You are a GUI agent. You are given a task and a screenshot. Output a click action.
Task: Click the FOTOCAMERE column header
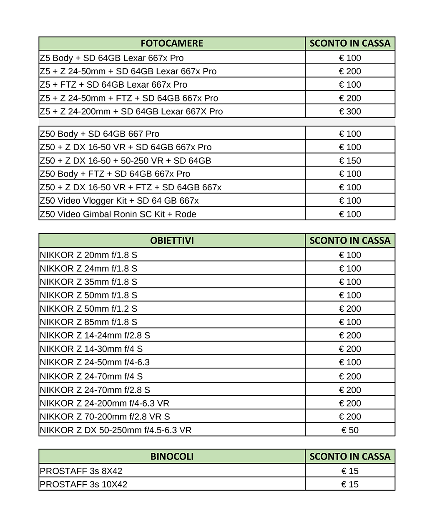(172, 43)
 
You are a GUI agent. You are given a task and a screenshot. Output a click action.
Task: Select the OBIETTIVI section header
(172, 241)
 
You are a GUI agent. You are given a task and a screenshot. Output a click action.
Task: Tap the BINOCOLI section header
(172, 457)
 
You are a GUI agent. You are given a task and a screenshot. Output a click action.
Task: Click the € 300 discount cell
(350, 111)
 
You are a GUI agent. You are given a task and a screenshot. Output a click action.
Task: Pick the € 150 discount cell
(350, 161)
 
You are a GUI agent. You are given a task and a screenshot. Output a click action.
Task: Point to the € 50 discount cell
(350, 430)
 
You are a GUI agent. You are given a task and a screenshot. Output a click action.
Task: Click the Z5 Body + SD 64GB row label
(112, 58)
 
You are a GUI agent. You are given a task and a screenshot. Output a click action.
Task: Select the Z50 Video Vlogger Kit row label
(119, 201)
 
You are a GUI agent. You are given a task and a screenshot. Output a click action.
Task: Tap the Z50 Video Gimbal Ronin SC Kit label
(118, 214)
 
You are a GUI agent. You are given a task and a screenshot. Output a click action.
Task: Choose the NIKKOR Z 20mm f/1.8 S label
(88, 255)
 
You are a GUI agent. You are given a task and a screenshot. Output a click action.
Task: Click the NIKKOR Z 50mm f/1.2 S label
(88, 309)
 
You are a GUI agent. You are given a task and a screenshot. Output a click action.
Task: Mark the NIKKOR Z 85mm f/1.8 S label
(88, 322)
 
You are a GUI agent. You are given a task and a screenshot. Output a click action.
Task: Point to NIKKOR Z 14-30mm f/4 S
(91, 349)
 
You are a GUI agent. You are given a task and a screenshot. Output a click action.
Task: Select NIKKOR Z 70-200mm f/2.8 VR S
(105, 416)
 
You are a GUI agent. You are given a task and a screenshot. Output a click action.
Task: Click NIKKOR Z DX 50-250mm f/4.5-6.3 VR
(116, 430)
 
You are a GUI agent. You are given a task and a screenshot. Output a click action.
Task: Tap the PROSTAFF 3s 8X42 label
(81, 471)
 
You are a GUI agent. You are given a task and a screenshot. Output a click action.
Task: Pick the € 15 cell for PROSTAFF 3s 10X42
(350, 485)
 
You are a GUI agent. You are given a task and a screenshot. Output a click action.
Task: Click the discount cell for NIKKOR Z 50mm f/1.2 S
(350, 309)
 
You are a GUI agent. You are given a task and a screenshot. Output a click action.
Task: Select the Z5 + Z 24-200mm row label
(131, 111)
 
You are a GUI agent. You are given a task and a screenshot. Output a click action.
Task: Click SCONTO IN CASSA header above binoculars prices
(350, 457)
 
